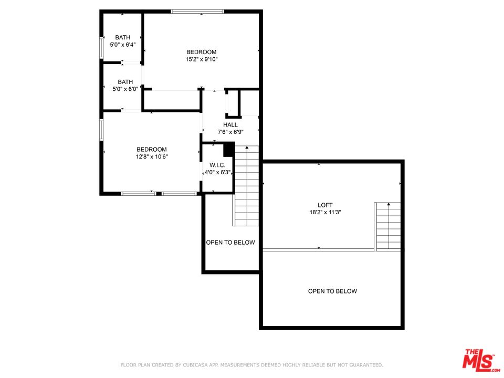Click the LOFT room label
(325, 205)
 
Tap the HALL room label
(230, 125)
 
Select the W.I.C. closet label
(217, 165)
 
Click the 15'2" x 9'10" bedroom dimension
(202, 59)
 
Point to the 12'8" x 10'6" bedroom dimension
(152, 156)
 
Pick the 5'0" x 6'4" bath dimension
(123, 45)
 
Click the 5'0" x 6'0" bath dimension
(125, 89)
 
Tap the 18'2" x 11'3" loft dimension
(325, 212)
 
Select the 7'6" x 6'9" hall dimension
(230, 132)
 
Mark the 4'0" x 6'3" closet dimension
(217, 172)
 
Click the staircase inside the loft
(388, 226)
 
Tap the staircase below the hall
(247, 186)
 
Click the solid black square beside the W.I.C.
(228, 150)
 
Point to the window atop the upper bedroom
(197, 12)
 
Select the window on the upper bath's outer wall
(101, 48)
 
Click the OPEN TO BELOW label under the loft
(332, 291)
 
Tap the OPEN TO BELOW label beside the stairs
(230, 243)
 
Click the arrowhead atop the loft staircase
(388, 204)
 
